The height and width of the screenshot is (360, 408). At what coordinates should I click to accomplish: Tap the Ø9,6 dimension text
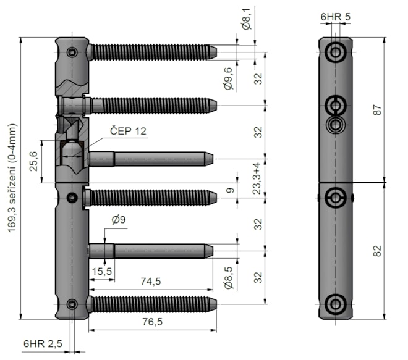coord(229,78)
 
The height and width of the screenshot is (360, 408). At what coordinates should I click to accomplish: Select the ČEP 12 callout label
coord(129,131)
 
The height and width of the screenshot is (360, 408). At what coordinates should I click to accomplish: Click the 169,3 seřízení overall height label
coord(12,180)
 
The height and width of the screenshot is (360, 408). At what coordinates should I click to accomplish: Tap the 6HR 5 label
coord(335,17)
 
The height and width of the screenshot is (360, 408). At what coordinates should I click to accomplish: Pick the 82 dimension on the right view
coord(378,251)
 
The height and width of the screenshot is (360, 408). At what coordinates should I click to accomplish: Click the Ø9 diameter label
coord(119,219)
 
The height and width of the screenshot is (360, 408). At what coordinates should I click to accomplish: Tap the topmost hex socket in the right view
coord(336,52)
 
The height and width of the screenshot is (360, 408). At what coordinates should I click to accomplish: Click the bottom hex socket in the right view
coord(336,303)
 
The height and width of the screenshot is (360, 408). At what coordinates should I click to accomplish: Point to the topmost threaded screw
coord(151,52)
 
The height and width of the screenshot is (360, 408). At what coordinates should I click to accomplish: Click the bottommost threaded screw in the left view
coord(151,303)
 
